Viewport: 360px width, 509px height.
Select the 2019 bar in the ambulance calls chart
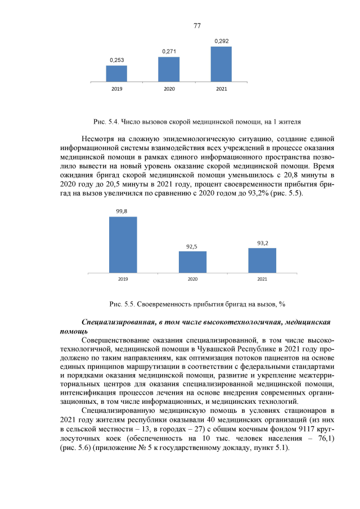(116, 74)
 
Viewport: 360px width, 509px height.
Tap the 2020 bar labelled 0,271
(169, 69)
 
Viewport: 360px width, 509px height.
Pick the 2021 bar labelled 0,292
(221, 64)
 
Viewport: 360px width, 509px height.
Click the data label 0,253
(116, 60)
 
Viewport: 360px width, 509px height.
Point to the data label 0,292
(221, 41)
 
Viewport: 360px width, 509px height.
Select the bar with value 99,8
(123, 245)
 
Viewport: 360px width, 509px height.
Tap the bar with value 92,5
(192, 262)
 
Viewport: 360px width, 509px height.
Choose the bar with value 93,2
(262, 260)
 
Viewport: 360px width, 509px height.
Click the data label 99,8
(122, 211)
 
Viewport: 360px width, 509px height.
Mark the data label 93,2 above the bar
(262, 243)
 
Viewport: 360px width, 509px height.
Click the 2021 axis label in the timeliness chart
(262, 279)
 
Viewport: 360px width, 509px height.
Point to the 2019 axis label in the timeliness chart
(123, 279)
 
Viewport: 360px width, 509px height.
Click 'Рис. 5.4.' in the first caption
(104, 121)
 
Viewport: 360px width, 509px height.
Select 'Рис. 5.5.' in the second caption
(120, 304)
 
